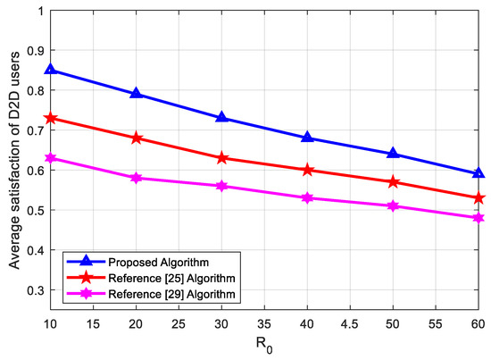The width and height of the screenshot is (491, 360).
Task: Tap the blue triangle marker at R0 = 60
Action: coord(479,173)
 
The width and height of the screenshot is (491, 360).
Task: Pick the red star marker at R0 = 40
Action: coord(307,170)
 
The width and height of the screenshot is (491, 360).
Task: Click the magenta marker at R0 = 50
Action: coord(393,205)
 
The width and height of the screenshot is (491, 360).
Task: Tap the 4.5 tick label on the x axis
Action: coord(350,327)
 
